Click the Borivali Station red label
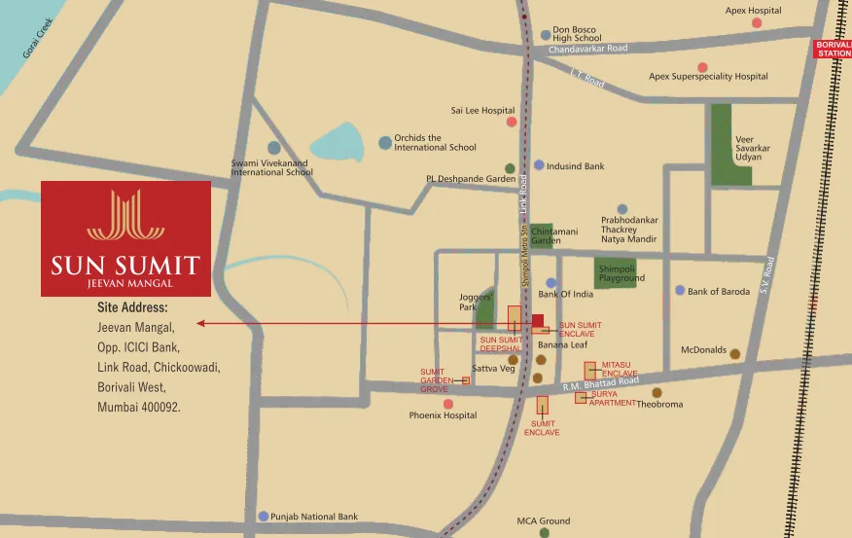point(833,49)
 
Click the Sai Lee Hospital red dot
point(511,122)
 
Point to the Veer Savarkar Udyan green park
point(731,145)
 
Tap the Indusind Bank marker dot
point(539,165)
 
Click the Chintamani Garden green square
point(542,235)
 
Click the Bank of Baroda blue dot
point(680,290)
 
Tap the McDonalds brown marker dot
point(735,354)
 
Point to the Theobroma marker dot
point(657,392)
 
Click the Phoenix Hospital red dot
point(447,403)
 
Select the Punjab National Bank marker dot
point(263,517)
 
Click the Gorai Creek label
point(39,36)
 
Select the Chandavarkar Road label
point(588,49)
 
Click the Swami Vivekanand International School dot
point(274,148)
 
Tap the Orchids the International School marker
point(385,143)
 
